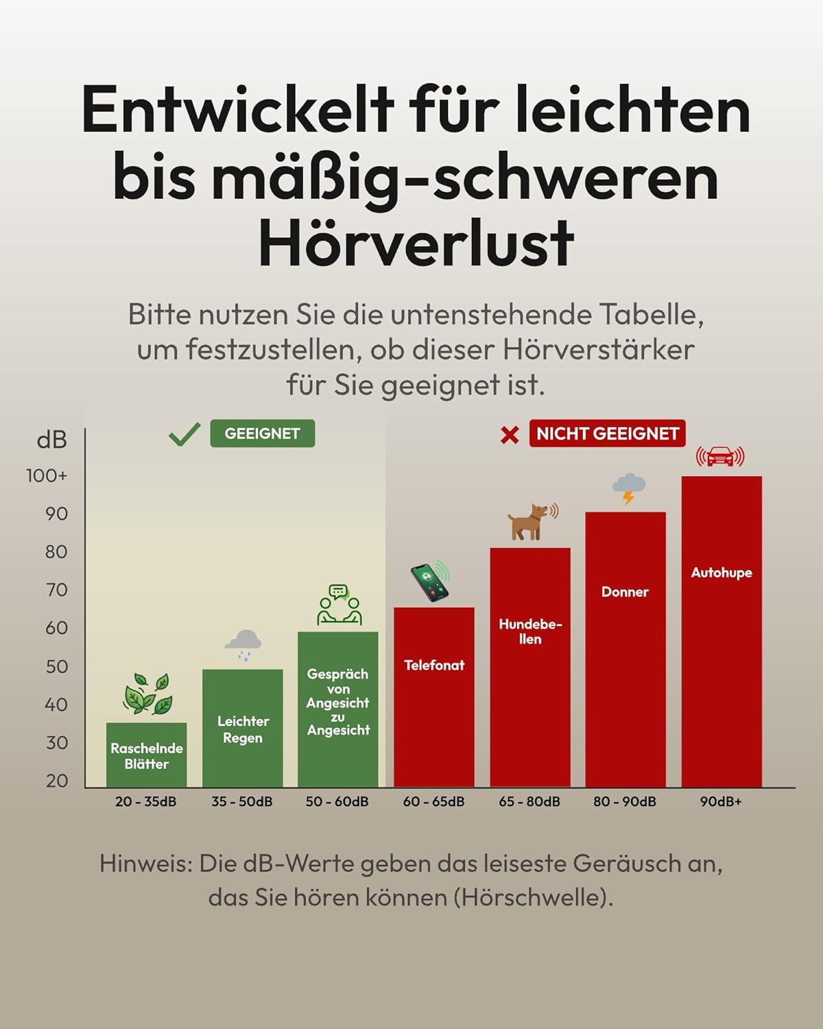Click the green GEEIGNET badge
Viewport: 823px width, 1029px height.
pyautogui.click(x=262, y=434)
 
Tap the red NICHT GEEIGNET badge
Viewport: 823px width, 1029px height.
pyautogui.click(x=607, y=434)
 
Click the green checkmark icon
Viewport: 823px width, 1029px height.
pyautogui.click(x=184, y=434)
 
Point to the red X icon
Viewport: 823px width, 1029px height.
pyautogui.click(x=510, y=435)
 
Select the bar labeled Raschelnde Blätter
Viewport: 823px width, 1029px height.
pyautogui.click(x=146, y=755)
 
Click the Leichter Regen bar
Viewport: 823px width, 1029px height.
pyautogui.click(x=242, y=727)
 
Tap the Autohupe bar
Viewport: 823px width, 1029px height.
pyautogui.click(x=721, y=631)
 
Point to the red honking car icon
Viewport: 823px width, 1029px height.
pyautogui.click(x=720, y=456)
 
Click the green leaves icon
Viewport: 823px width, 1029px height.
pyautogui.click(x=147, y=694)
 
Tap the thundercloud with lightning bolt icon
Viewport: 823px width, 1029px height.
pyautogui.click(x=628, y=488)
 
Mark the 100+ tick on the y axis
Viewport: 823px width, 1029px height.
pyautogui.click(x=47, y=475)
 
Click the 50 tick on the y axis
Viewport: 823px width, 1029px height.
pyautogui.click(x=56, y=667)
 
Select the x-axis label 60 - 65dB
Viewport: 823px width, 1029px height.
pyautogui.click(x=433, y=801)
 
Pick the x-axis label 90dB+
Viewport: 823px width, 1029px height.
pyautogui.click(x=721, y=801)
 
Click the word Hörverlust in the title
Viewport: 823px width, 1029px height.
pyautogui.click(x=416, y=243)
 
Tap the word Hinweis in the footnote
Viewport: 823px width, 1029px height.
pyautogui.click(x=146, y=863)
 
